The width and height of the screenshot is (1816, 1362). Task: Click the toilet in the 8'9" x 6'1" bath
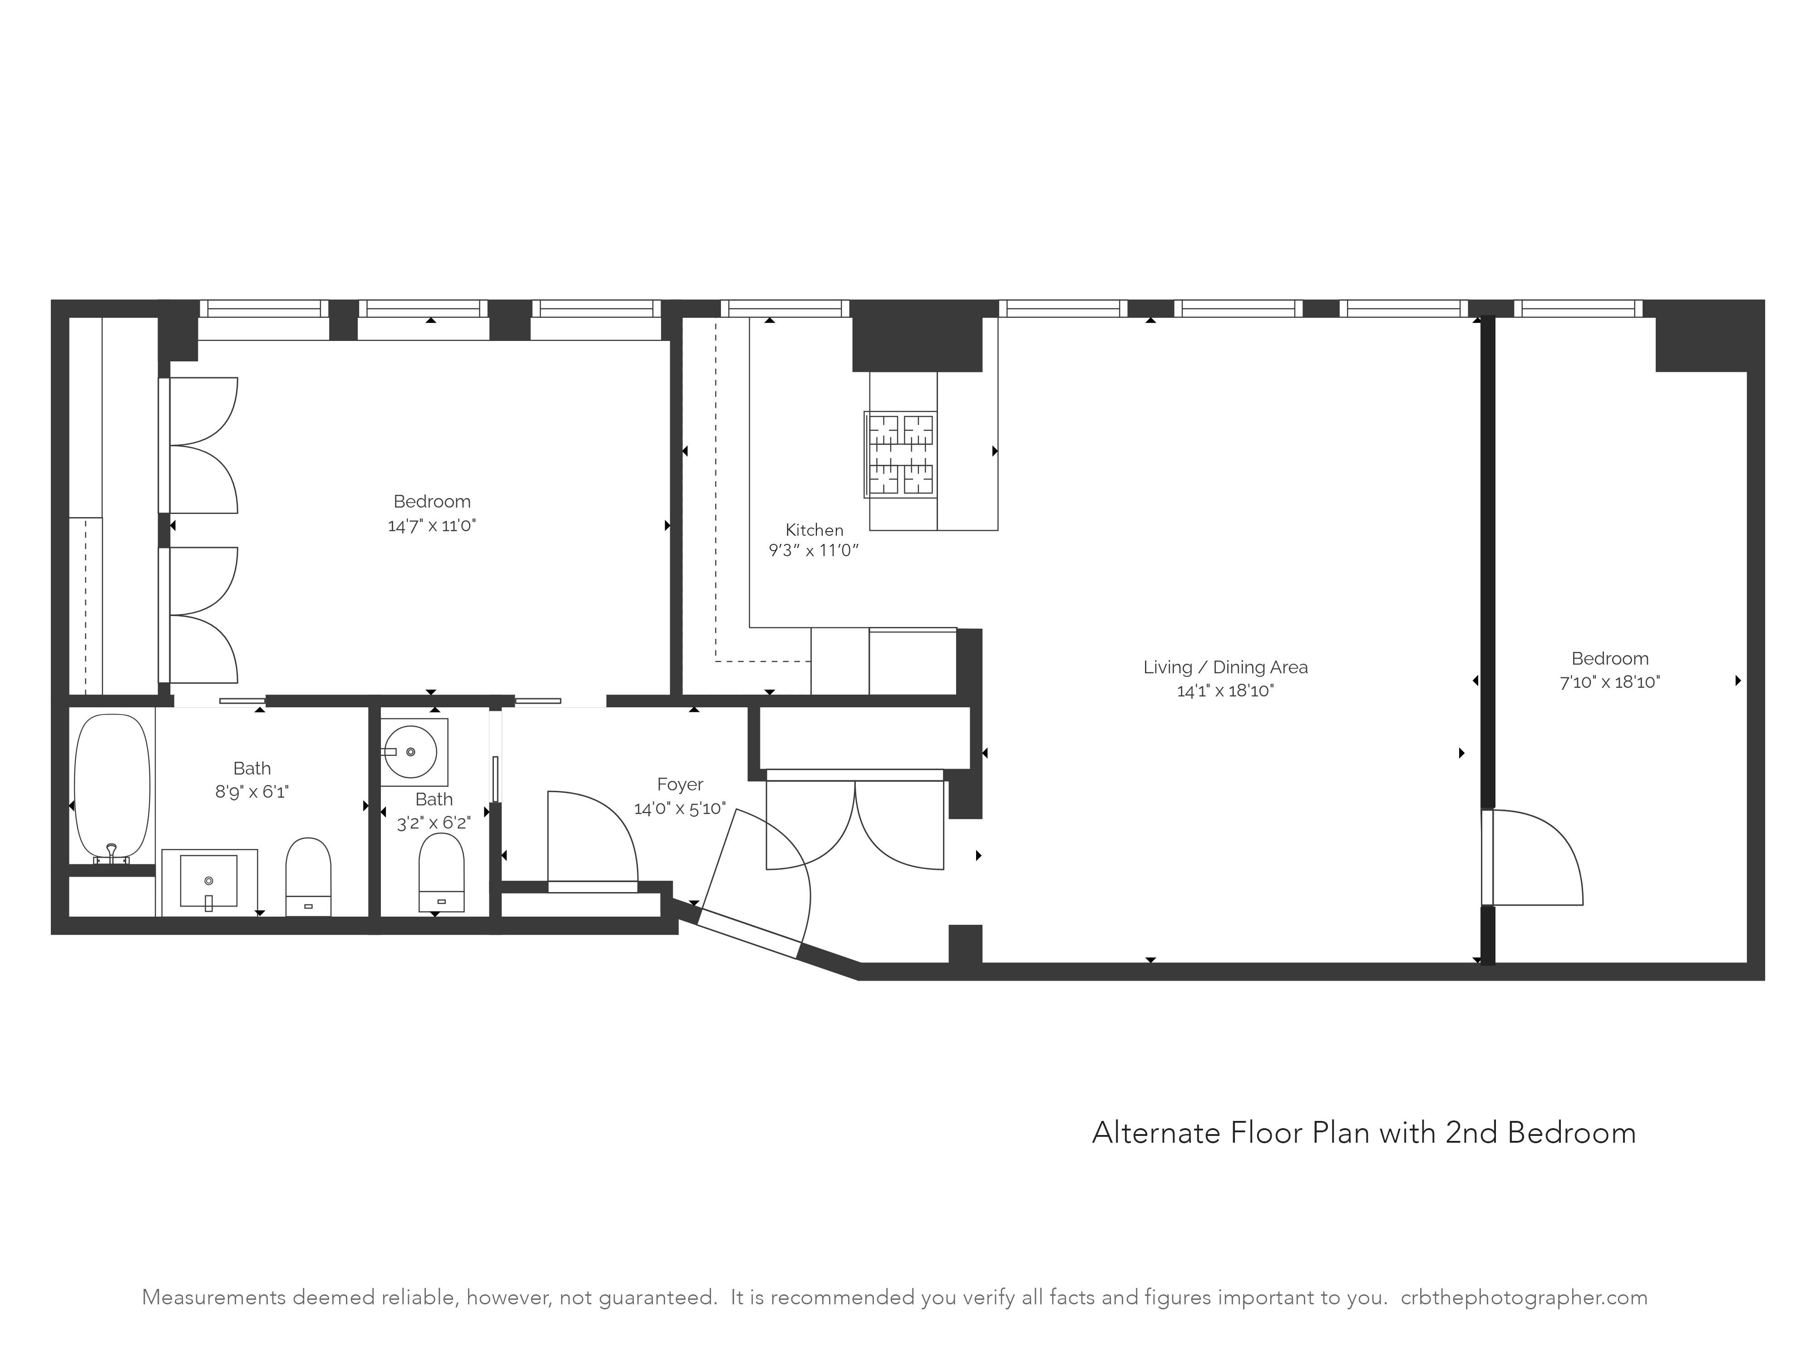[x=308, y=876]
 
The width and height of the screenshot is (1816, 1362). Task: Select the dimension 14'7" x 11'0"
[x=432, y=525]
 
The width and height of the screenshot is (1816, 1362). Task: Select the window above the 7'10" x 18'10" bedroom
[x=1578, y=309]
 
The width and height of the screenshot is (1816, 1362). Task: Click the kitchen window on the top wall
[x=785, y=309]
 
